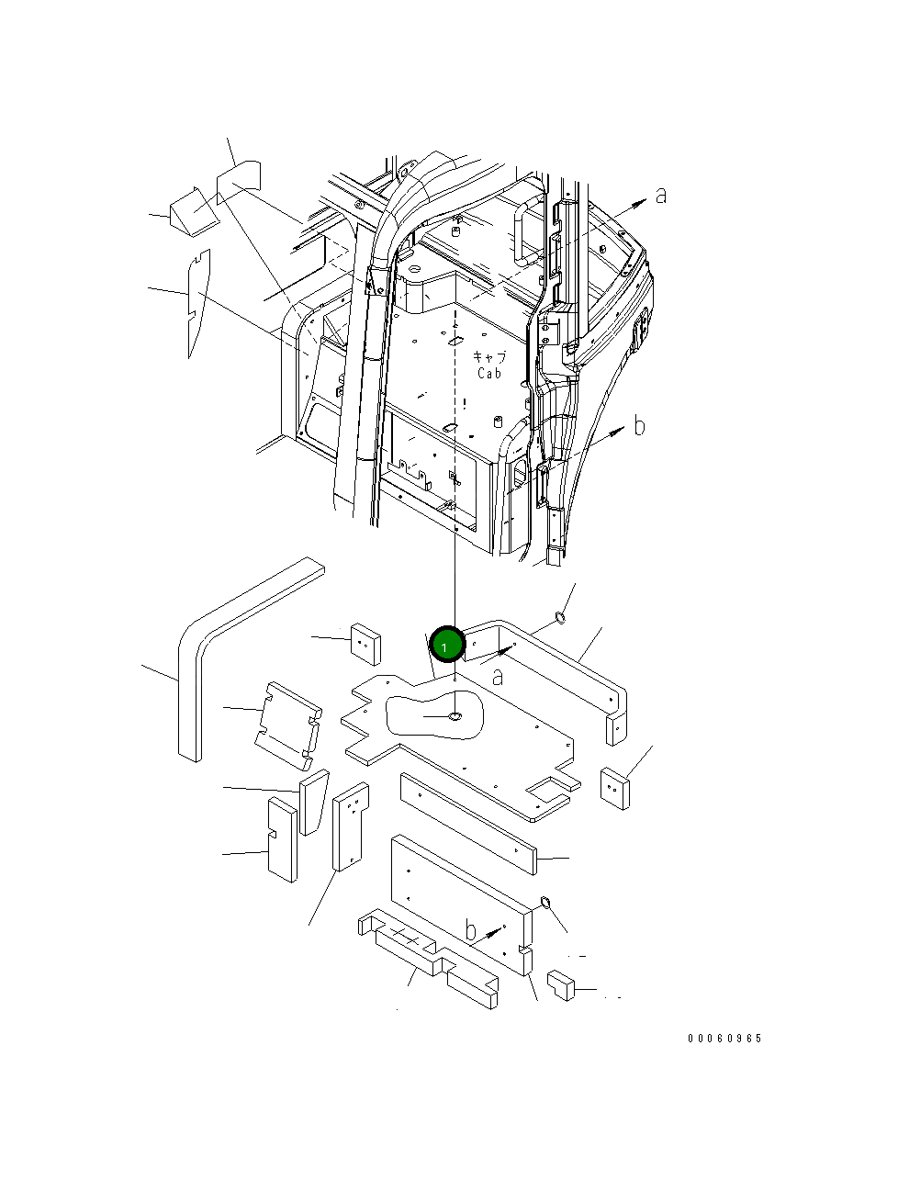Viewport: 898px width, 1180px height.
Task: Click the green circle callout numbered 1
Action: [x=445, y=646]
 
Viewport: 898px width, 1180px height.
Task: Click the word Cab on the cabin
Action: [x=489, y=374]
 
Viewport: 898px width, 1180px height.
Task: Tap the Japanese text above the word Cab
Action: [x=489, y=357]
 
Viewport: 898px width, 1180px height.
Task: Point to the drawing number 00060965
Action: [x=724, y=1039]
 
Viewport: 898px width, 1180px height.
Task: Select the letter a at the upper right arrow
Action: [x=660, y=195]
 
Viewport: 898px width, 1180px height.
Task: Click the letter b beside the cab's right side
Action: [x=639, y=426]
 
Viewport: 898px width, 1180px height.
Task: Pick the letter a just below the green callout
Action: [x=498, y=678]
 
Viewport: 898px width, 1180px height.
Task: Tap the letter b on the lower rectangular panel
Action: [x=470, y=929]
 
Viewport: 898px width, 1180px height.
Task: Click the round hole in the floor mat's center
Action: [x=455, y=715]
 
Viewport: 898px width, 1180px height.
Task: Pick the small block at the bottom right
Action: [x=560, y=984]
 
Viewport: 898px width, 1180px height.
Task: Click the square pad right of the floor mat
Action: [x=615, y=788]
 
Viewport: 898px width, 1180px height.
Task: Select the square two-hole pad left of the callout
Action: [x=365, y=644]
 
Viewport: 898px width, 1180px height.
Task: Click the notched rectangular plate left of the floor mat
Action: [x=287, y=724]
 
